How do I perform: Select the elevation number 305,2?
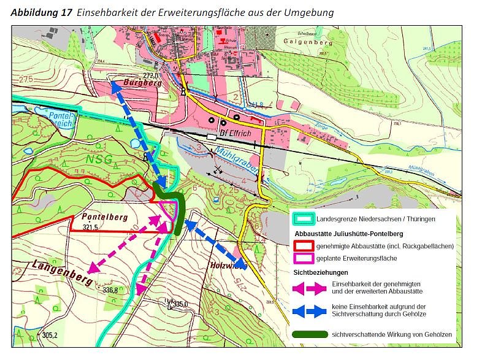(x=50, y=335)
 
